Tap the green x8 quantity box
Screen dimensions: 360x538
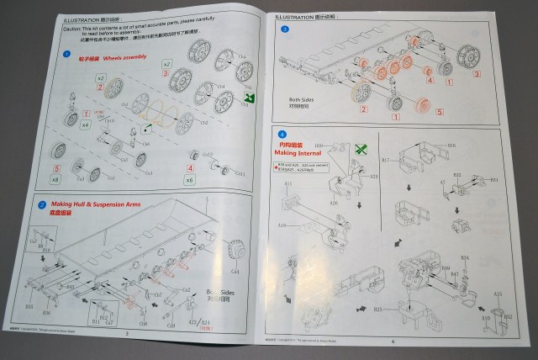(55, 178)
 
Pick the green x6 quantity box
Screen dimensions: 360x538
(189, 180)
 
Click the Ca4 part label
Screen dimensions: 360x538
(235, 272)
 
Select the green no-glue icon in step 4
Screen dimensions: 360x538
(361, 149)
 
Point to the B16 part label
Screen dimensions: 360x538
(451, 145)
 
